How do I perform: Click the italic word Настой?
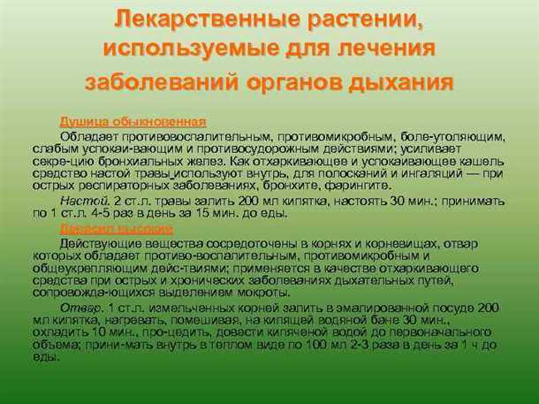click(78, 201)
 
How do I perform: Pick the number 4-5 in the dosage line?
click(110, 213)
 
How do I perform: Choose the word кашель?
click(483, 162)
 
